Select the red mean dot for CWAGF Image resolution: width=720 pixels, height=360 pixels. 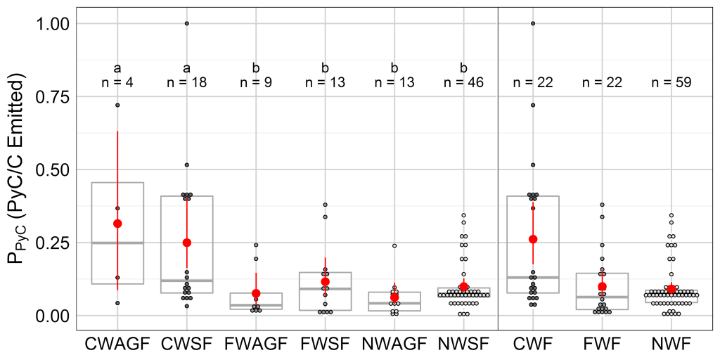point(117,224)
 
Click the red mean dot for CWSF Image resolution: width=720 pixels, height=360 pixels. point(187,243)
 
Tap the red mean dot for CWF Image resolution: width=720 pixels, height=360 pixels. point(533,239)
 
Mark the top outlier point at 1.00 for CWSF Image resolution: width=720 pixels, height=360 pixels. point(187,23)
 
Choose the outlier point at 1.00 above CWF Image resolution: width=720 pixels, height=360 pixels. point(533,23)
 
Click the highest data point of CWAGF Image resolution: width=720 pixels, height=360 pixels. point(117,105)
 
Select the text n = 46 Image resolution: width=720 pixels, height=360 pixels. point(463,82)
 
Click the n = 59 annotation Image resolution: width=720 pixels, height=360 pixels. point(671,82)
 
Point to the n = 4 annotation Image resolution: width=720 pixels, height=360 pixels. point(117,82)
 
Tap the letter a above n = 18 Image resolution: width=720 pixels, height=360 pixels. point(187,68)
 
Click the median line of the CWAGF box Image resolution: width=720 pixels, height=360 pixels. point(117,243)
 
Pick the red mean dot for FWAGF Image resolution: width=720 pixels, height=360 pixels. point(256,293)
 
